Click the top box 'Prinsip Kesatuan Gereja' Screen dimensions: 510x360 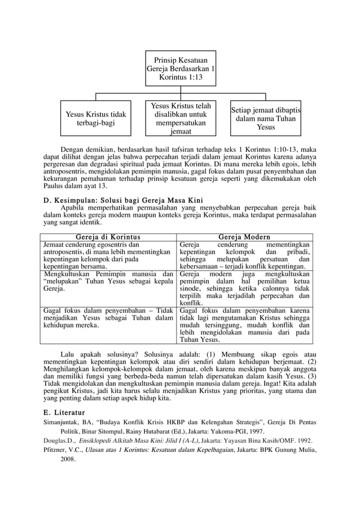pyautogui.click(x=180, y=68)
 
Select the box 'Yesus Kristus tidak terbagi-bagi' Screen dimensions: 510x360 pyautogui.click(x=95, y=119)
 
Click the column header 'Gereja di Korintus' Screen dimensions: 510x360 pyautogui.click(x=109, y=237)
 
